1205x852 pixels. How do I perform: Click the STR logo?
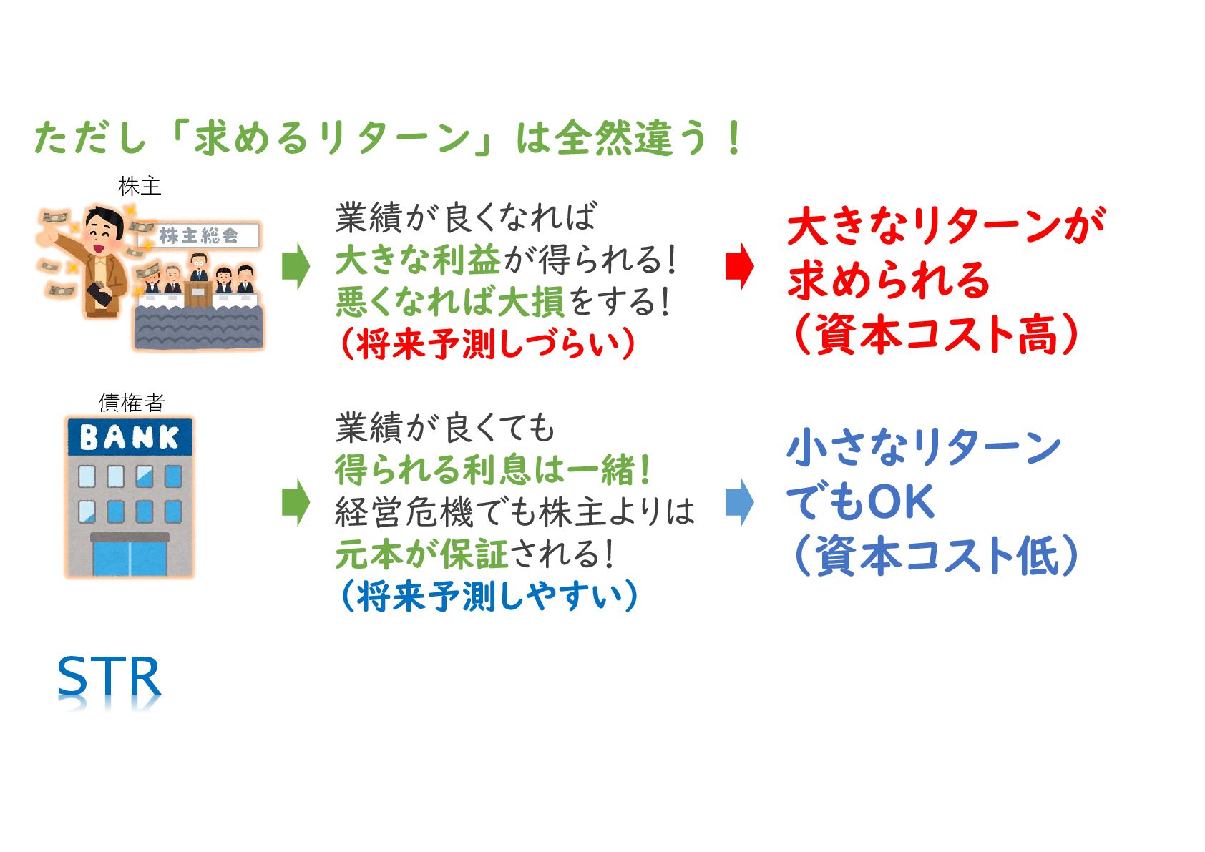pos(109,677)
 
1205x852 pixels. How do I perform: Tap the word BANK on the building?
pos(130,436)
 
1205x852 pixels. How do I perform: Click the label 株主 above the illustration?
pos(140,186)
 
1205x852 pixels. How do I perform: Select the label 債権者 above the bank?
pos(131,403)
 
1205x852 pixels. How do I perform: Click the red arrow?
pos(739,266)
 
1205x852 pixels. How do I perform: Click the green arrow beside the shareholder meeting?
pos(296,266)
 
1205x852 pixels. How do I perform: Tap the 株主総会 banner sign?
pos(198,235)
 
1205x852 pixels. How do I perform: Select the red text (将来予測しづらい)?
pos(489,344)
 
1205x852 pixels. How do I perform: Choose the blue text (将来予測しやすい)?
pos(489,596)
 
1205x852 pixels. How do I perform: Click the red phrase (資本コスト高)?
pos(935,333)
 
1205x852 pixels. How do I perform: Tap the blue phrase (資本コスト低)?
pos(935,555)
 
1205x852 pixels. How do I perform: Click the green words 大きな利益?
pos(418,259)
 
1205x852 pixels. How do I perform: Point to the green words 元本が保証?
pos(422,554)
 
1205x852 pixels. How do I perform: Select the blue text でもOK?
pos(860,501)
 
